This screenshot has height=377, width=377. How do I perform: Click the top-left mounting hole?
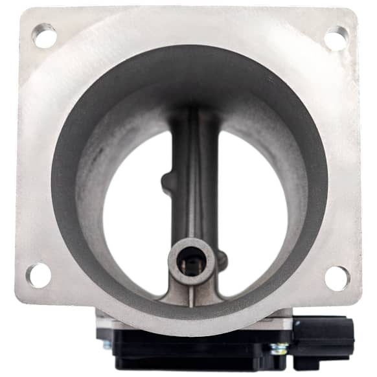click(x=44, y=35)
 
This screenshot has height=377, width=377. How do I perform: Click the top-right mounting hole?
click(x=336, y=38)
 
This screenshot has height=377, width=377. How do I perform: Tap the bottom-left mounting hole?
click(x=39, y=275)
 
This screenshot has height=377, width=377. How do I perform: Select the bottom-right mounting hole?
click(x=337, y=278)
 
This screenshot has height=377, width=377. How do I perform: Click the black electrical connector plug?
click(x=323, y=337)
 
